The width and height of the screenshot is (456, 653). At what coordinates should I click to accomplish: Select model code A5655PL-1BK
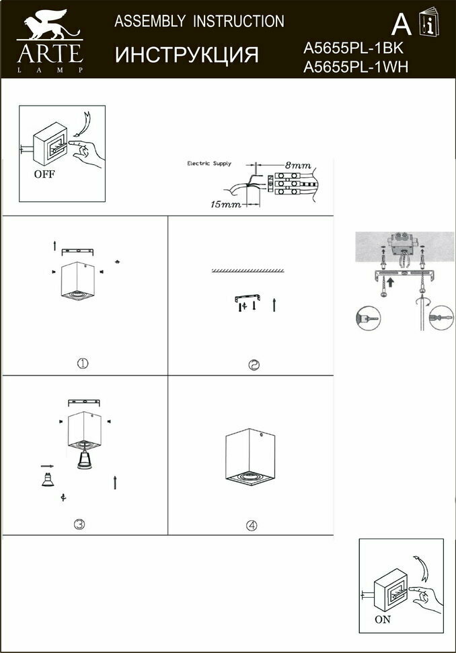tap(354, 48)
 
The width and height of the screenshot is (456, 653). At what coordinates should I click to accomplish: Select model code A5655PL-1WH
tap(356, 66)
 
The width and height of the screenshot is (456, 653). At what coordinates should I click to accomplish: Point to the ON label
tap(383, 620)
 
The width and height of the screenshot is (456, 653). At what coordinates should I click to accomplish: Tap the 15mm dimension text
tap(225, 203)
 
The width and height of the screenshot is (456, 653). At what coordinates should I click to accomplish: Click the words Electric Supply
tap(208, 164)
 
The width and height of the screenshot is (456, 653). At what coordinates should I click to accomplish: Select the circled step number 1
tap(83, 363)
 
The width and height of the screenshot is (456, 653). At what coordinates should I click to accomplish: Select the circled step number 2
tap(254, 366)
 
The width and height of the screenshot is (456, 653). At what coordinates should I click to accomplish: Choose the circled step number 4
tap(252, 526)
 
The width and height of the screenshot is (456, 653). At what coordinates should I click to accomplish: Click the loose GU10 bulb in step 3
tap(46, 480)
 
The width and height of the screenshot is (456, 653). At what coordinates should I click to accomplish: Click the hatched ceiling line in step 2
tap(250, 270)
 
